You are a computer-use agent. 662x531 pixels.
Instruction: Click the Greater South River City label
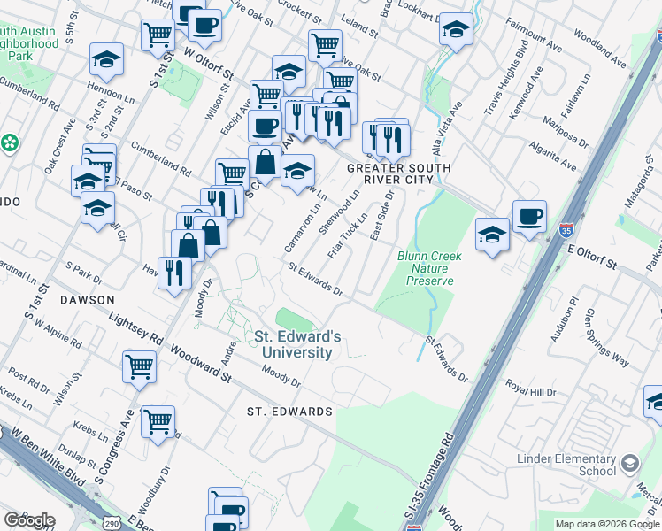tap(398, 174)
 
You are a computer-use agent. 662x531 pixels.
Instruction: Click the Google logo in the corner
tap(28, 519)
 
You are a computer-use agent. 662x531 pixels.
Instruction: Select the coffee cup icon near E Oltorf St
tap(529, 216)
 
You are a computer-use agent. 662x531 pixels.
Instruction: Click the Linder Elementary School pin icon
tap(629, 463)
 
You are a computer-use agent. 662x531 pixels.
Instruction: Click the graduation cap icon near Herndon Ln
tap(106, 59)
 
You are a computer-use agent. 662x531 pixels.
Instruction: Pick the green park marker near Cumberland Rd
tap(10, 142)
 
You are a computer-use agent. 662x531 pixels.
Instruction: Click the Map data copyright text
tap(606, 524)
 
